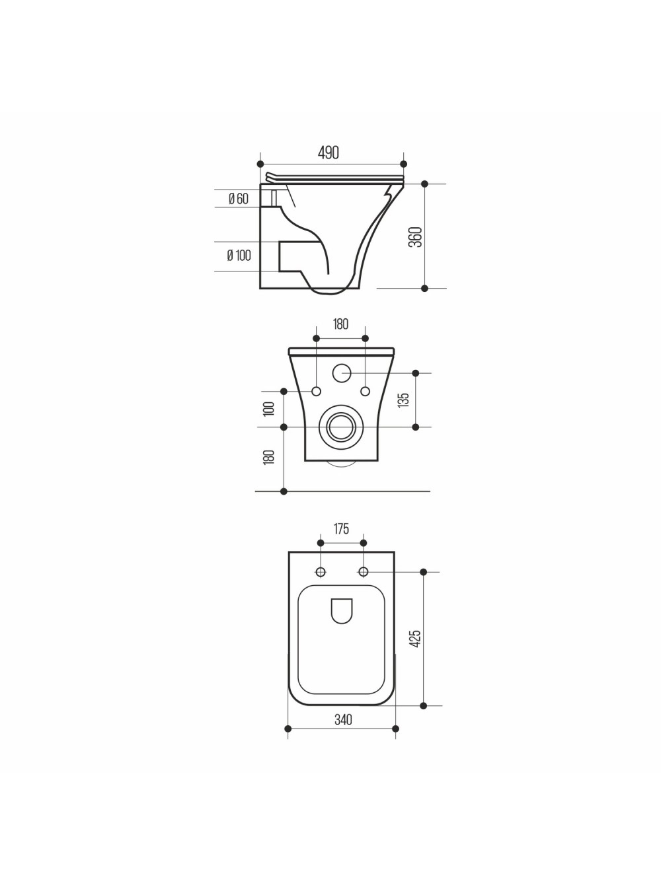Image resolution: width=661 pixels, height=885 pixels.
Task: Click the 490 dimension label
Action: [x=329, y=153]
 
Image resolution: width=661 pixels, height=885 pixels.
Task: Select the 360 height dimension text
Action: [x=415, y=237]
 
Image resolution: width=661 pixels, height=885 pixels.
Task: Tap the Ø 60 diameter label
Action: [x=239, y=199]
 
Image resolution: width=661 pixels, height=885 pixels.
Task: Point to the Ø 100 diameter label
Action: [x=239, y=255]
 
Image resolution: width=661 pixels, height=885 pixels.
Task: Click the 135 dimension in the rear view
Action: [x=403, y=400]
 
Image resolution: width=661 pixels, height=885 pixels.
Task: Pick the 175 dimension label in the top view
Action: [x=341, y=528]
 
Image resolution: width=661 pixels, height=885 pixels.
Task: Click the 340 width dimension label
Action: [x=343, y=719]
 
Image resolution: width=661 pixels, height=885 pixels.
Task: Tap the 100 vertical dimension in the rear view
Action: [x=269, y=409]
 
